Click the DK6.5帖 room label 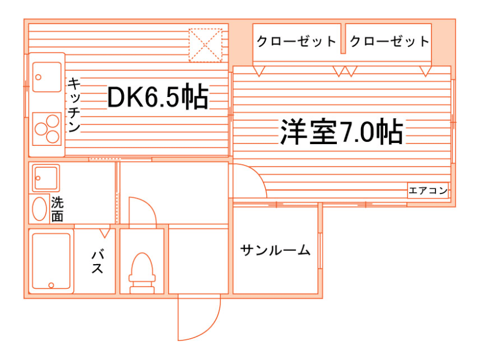[x=157, y=98]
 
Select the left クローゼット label [x=296, y=41]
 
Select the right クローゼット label [x=389, y=41]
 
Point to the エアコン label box [x=427, y=191]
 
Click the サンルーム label [x=275, y=250]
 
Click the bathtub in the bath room [x=51, y=261]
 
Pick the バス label [x=96, y=262]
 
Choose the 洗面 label [x=57, y=209]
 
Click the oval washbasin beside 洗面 [x=39, y=209]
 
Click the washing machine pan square [x=46, y=177]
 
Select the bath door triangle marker [x=104, y=233]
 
